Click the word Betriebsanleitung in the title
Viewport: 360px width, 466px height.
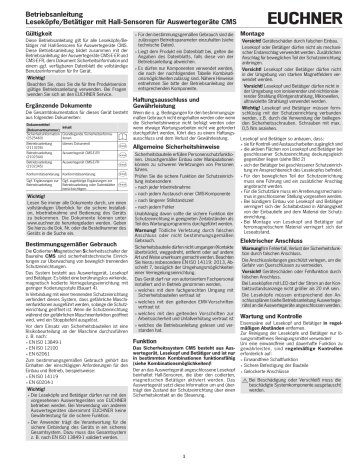(x=41, y=9)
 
